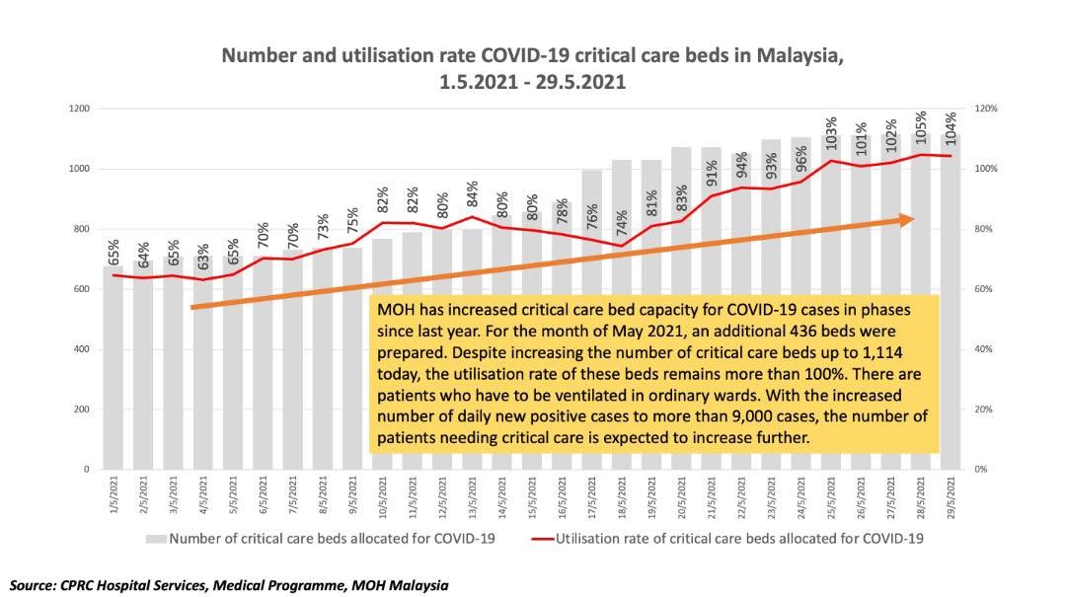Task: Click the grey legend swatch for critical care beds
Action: click(156, 539)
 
